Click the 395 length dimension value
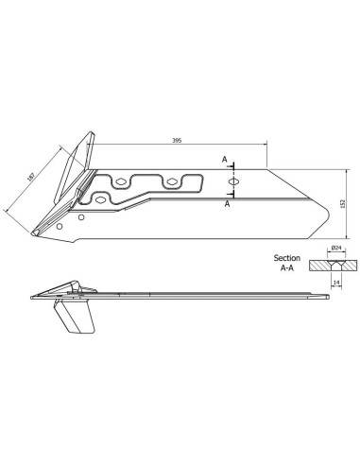click(178, 139)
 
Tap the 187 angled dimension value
click(31, 178)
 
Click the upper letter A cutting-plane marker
click(224, 162)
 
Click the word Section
click(286, 257)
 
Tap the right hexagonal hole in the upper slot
click(173, 181)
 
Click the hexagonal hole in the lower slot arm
click(101, 198)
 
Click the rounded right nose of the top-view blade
click(332, 202)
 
